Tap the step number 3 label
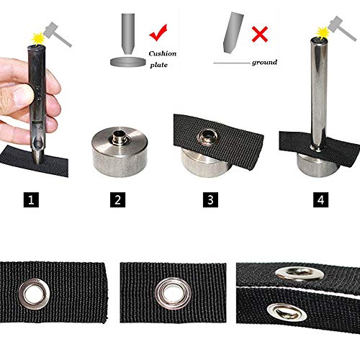pos(209,198)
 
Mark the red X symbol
pos(260,34)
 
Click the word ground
pos(264,63)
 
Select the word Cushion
pos(163,53)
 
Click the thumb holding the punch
pos(24,94)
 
